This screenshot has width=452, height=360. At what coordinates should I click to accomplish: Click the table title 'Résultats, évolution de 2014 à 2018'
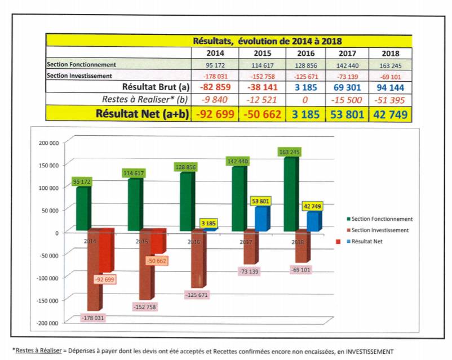(267, 41)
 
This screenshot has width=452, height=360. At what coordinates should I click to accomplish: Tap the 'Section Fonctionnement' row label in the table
(82, 65)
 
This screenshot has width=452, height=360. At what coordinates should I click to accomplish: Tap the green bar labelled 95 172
(83, 208)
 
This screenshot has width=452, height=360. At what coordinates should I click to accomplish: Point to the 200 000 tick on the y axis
(49, 143)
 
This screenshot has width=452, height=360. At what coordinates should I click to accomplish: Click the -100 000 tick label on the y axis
(48, 278)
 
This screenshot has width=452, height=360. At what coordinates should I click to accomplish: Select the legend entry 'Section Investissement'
(380, 230)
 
